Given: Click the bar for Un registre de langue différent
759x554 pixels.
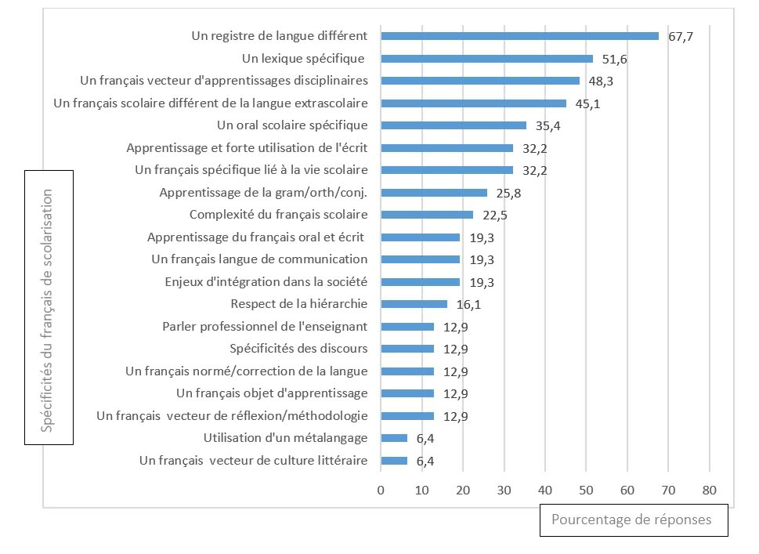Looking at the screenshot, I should tap(519, 36).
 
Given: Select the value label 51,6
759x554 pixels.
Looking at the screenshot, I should tap(613, 59).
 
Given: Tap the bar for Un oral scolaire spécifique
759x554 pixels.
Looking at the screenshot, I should tap(454, 125).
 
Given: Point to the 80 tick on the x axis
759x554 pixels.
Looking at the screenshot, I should tap(709, 491).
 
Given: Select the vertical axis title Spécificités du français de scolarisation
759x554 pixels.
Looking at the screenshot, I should tap(49, 308).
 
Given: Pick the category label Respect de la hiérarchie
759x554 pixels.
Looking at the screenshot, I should tap(299, 304).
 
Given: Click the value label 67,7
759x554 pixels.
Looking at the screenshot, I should tap(681, 37).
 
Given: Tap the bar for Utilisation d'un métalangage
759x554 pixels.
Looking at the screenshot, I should tap(394, 438).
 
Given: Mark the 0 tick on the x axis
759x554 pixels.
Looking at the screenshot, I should tap(381, 491).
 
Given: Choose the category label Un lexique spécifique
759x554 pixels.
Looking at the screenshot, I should tap(304, 58).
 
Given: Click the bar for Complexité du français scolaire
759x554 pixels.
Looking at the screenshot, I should tap(427, 215).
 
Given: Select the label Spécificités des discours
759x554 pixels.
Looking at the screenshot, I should tap(298, 349).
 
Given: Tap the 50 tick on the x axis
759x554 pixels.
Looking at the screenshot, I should tap(586, 491).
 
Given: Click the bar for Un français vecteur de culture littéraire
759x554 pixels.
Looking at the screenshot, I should tap(394, 461).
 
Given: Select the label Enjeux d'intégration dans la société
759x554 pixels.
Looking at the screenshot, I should tap(266, 281).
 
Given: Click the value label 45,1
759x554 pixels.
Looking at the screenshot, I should tap(587, 103).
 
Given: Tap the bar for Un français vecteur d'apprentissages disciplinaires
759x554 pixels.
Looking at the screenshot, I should tap(480, 81).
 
